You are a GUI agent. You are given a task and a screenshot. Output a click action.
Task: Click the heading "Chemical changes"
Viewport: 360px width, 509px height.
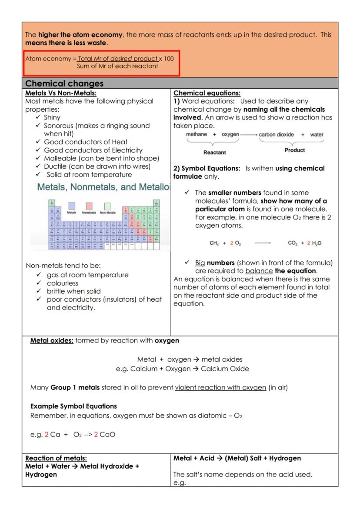tap(63, 83)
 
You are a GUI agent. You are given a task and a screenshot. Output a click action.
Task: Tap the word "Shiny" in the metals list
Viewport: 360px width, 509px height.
tap(52, 117)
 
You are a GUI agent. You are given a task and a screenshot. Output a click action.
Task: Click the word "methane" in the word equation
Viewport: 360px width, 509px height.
tap(197, 134)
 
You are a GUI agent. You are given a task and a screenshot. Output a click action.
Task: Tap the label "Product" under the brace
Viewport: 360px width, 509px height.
tap(295, 150)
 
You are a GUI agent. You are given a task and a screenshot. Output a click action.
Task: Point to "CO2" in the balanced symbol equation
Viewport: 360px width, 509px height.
tap(293, 243)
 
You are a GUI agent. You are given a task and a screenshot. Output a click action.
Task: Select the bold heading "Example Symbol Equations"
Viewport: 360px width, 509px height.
tap(73, 406)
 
